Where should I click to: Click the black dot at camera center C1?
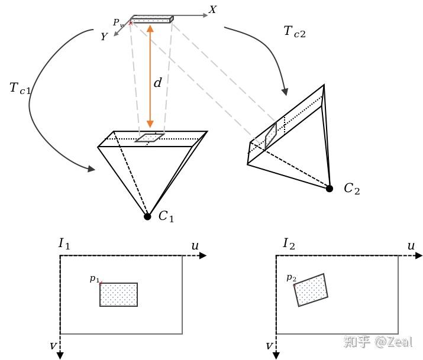pos(147,216)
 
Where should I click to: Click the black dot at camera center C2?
pos(329,189)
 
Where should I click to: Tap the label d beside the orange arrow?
pos(157,82)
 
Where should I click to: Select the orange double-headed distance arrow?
pos(150,76)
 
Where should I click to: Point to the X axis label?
pos(212,9)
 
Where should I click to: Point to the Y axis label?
pos(104,37)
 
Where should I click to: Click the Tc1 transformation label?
pos(20,89)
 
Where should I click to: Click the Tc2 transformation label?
pos(295,32)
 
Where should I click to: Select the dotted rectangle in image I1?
pos(119,294)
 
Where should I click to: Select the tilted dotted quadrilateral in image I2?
pos(311,290)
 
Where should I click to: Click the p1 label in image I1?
pos(95,278)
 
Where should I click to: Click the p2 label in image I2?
pos(291,278)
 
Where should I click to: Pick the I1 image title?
pos(64,244)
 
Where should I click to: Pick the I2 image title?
pos(289,244)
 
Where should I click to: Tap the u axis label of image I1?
pos(195,246)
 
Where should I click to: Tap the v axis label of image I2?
pos(269,346)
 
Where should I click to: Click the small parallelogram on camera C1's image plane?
pos(150,137)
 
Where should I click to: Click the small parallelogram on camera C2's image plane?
pos(270,137)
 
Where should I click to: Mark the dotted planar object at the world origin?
pos(152,19)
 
